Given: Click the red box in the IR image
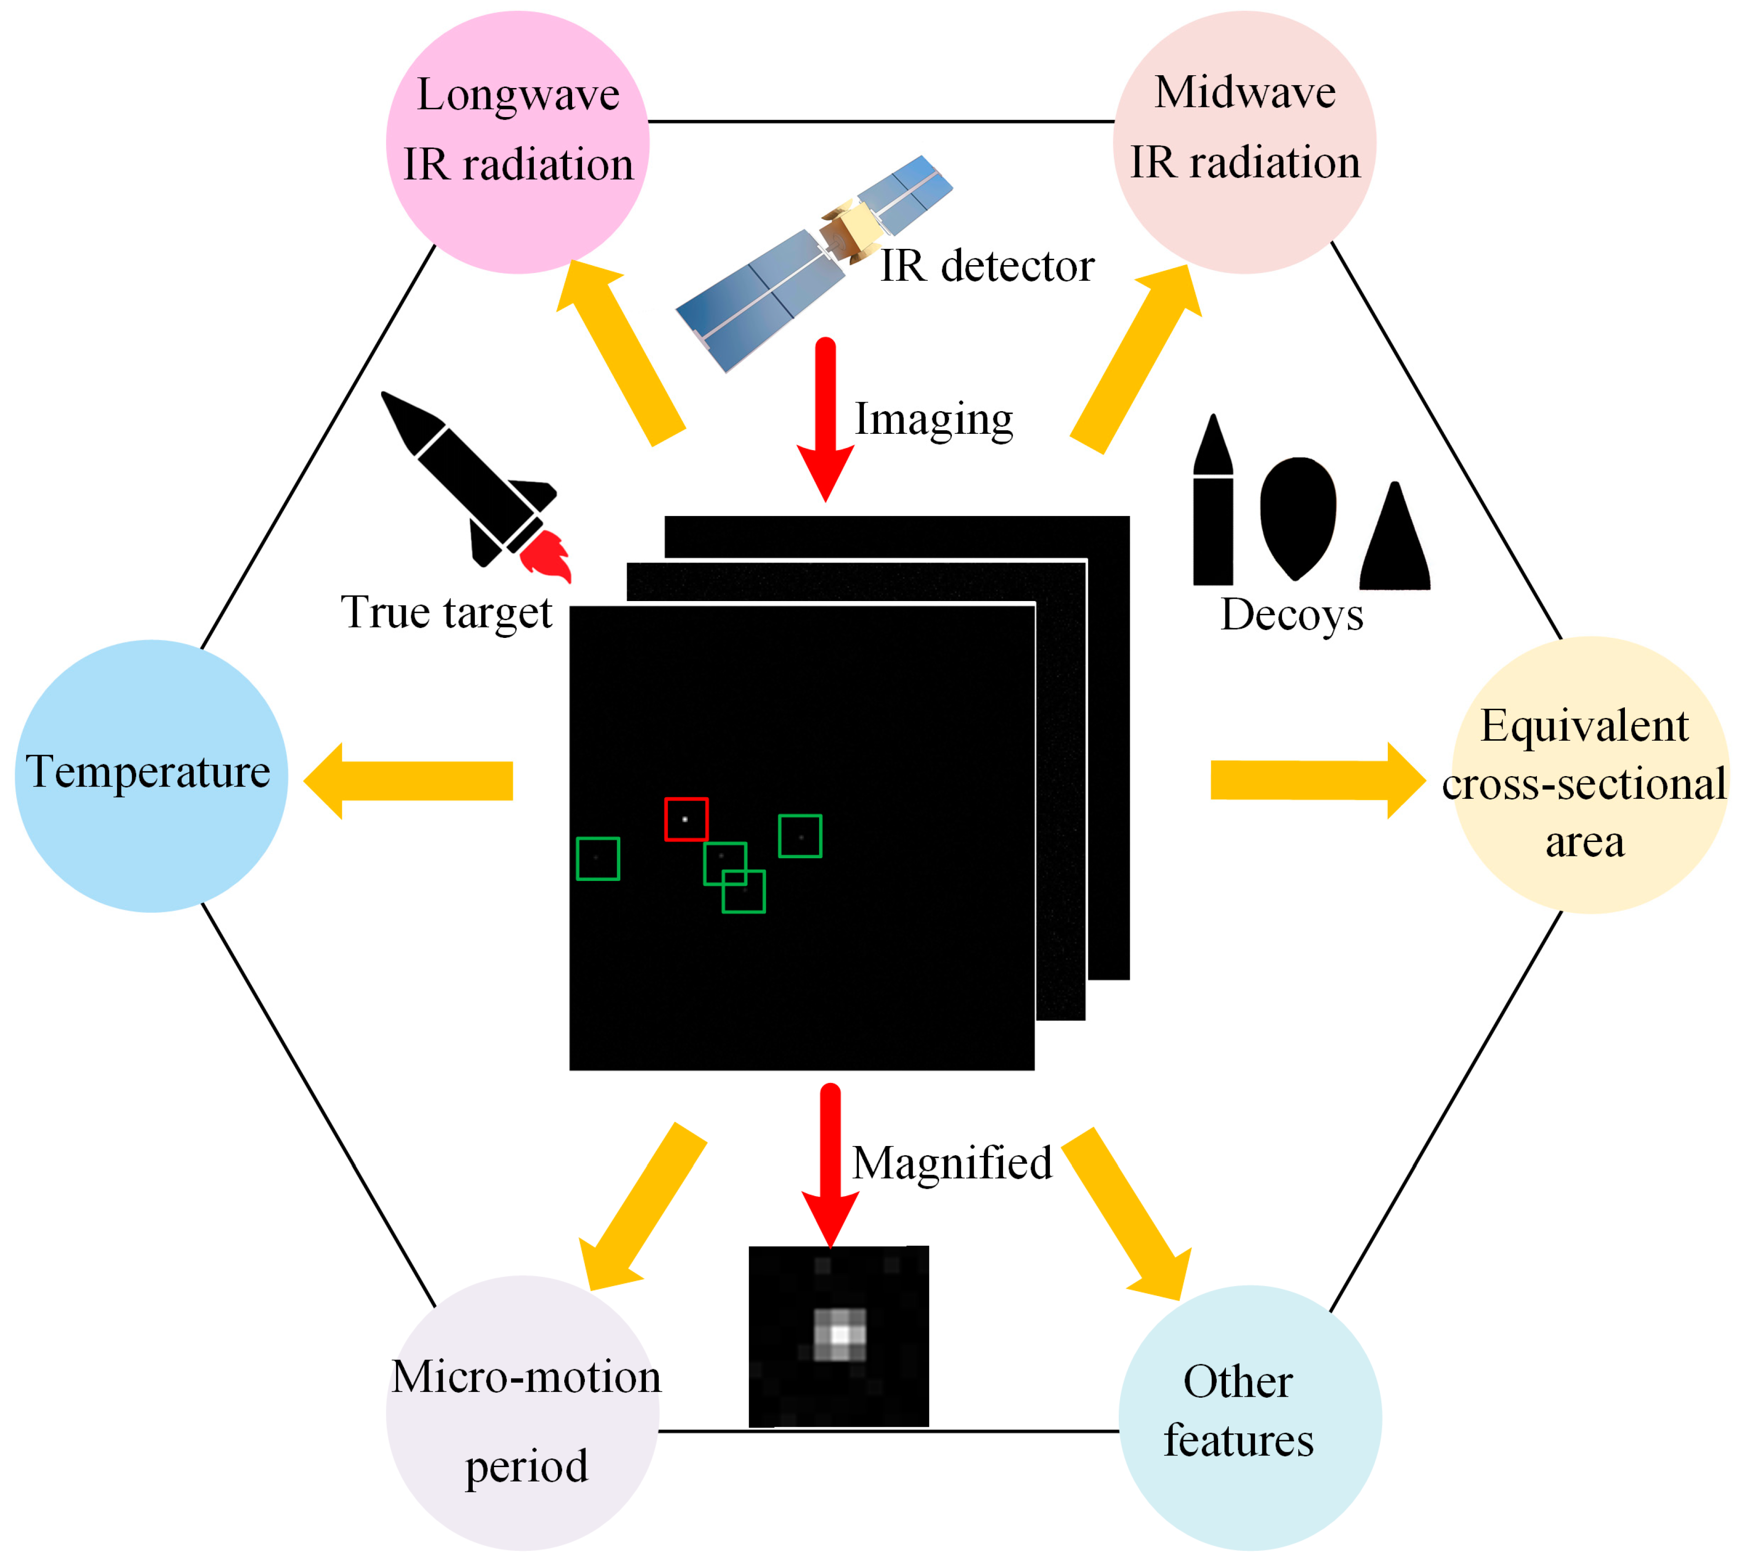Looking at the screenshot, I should tap(686, 819).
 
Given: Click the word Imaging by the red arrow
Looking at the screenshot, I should tap(933, 420).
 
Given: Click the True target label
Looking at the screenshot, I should tap(446, 612).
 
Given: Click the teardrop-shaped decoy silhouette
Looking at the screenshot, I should tap(1298, 514).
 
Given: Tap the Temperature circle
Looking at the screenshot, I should tap(152, 775).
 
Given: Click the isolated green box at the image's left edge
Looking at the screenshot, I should tap(598, 858).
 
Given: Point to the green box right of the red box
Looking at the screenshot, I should tap(800, 836).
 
